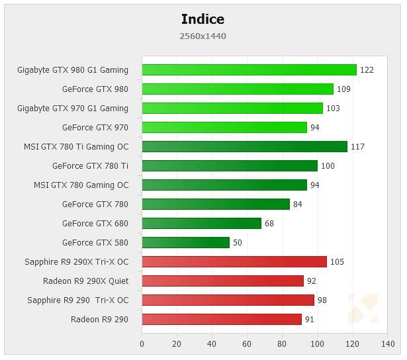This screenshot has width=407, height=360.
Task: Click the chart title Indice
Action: tap(203, 19)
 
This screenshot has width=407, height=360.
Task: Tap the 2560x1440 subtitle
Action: tap(203, 36)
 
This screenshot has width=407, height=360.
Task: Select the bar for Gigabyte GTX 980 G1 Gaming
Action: tap(249, 70)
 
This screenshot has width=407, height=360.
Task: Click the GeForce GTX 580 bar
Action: tap(185, 243)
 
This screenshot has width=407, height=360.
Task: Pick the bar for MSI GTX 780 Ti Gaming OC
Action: tap(244, 147)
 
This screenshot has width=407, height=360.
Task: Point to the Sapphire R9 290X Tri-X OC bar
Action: tap(234, 262)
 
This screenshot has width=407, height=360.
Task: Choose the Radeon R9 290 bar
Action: tap(222, 320)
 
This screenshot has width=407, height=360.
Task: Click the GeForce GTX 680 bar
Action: tap(201, 224)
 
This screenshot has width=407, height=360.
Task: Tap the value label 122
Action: tap(367, 70)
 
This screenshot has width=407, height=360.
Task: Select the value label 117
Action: tap(357, 147)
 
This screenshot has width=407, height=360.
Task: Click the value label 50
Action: tap(238, 243)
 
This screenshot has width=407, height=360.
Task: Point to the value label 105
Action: tap(337, 262)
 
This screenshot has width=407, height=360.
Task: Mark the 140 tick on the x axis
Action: tap(388, 344)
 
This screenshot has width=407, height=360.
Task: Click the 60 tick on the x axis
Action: tap(247, 344)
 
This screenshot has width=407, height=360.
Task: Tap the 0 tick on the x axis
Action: tap(142, 344)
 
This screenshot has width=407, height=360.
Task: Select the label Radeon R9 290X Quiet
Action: tap(85, 281)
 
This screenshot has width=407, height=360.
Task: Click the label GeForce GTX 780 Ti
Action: tap(90, 166)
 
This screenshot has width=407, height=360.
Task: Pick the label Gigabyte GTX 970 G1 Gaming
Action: tap(73, 109)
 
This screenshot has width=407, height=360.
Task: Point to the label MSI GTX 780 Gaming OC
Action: tap(81, 185)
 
